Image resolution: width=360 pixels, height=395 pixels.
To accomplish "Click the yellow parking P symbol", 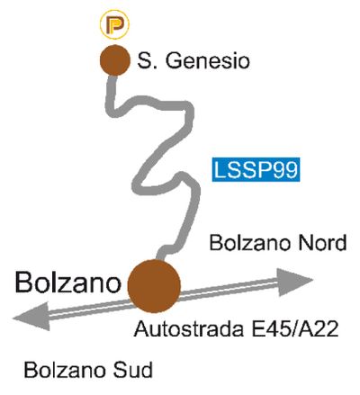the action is click(x=114, y=25).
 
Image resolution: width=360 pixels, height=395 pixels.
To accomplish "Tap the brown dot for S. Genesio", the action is click(x=115, y=60).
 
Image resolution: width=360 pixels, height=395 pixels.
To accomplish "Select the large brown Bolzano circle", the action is click(x=154, y=286).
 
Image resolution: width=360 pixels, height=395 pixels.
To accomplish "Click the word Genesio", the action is click(x=208, y=61).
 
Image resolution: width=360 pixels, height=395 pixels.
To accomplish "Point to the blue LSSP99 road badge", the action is click(x=256, y=169).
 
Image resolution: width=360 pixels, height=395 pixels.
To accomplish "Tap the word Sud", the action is click(x=132, y=370).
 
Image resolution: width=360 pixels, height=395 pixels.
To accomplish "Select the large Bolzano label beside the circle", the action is click(x=68, y=283).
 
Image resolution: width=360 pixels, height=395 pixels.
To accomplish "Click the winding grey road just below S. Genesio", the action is click(x=112, y=93).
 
